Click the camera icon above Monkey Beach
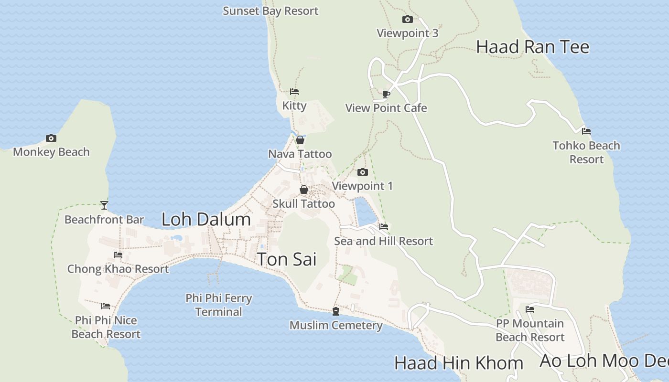pos(51,138)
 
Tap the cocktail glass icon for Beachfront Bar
pos(104,205)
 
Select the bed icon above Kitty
pos(294,92)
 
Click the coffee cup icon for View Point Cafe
pos(386,94)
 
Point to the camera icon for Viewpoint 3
pos(408,20)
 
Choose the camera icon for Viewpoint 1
pos(363,172)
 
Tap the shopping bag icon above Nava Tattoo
pos(300,140)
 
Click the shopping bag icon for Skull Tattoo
pos(304,190)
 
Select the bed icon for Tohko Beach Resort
pos(586,131)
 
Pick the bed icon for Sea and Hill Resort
pos(383,227)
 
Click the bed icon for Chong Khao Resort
pos(118,255)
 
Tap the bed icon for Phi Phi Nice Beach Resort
pos(106,306)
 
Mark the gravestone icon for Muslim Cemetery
pos(336,311)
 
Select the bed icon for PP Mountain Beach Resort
pos(530,309)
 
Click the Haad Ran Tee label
pos(533,47)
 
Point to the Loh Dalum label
pos(206,219)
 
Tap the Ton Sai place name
pos(287,259)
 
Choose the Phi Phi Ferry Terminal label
pos(219,305)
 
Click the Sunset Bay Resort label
pos(270,11)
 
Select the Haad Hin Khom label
pos(458,363)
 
